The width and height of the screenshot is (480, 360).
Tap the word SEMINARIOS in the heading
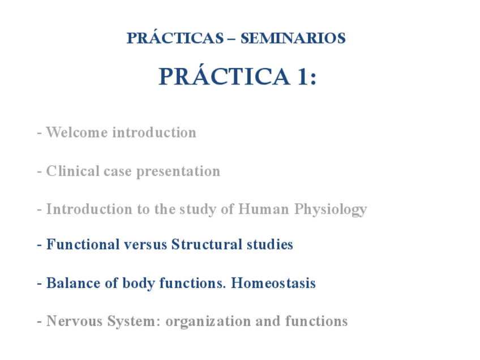click(293, 38)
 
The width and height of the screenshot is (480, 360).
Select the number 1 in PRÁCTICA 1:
click(302, 76)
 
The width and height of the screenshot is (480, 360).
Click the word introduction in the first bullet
click(155, 132)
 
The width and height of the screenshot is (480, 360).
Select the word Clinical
click(73, 171)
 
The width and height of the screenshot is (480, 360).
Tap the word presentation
click(178, 172)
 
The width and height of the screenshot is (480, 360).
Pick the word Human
click(264, 209)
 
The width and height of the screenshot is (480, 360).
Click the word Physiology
click(331, 210)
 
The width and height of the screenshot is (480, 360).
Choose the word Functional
click(83, 245)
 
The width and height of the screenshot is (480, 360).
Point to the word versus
click(145, 245)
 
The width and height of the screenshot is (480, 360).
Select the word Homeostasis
click(273, 283)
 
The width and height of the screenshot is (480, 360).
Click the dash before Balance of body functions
click(39, 284)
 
